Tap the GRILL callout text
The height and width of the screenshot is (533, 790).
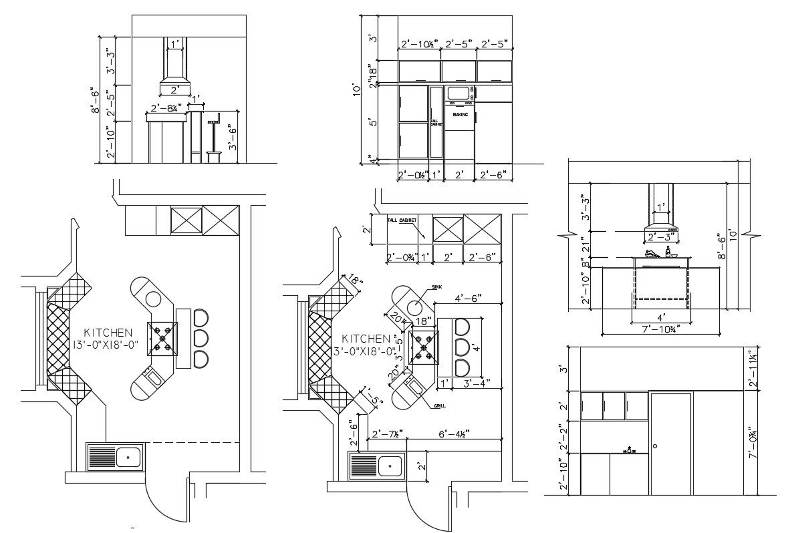pos(440,406)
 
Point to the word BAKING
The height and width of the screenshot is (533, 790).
pos(460,115)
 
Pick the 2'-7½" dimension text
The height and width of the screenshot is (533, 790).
pos(386,433)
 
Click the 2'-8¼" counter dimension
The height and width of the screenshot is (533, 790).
pos(166,108)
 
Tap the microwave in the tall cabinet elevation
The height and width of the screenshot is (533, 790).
pos(458,93)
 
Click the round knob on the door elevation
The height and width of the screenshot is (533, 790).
pos(656,446)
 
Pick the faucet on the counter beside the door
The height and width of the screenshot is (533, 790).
pos(628,450)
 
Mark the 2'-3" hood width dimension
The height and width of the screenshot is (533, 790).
pos(660,236)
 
